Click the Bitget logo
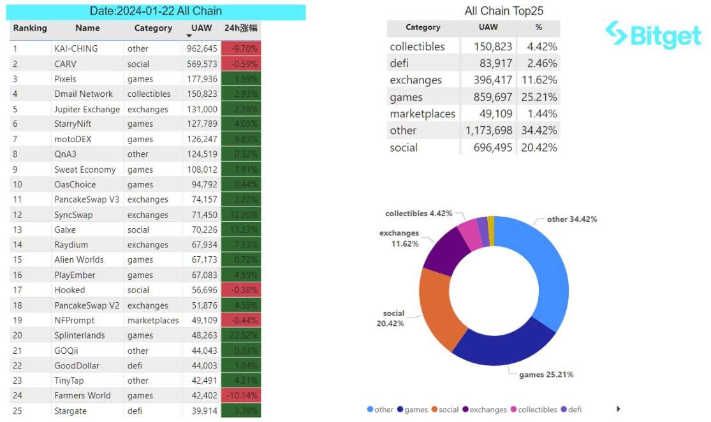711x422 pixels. click(x=653, y=34)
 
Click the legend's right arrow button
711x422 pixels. click(x=618, y=409)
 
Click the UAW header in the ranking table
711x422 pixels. click(x=202, y=28)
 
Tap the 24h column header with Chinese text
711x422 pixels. click(x=240, y=28)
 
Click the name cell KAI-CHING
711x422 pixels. click(x=76, y=48)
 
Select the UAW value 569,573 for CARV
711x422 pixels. click(x=202, y=64)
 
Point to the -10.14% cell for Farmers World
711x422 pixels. click(x=240, y=395)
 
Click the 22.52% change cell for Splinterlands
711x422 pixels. click(x=240, y=335)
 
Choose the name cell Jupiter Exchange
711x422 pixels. click(x=87, y=109)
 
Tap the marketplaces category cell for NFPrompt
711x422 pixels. click(x=153, y=320)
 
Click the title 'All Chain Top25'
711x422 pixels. click(x=504, y=11)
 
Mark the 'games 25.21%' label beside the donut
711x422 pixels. click(x=545, y=374)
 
